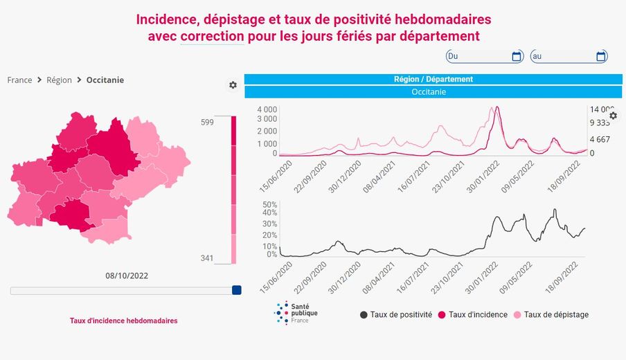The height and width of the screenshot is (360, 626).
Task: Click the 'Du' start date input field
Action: coord(478,56)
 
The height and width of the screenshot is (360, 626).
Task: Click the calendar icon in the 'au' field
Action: coord(601,56)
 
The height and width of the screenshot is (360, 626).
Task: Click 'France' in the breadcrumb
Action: coord(19,80)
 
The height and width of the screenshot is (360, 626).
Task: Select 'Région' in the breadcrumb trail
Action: coord(59,80)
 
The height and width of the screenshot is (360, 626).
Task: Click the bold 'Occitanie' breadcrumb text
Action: coord(105,80)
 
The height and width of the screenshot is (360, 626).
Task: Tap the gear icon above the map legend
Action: coord(233,85)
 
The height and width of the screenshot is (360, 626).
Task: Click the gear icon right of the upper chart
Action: coord(613,116)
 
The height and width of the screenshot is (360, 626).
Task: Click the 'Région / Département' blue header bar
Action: coord(433,79)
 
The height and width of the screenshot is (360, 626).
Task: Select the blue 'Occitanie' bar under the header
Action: coord(433,91)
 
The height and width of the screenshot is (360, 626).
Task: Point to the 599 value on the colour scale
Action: coord(207,123)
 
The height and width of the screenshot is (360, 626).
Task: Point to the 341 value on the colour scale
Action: coord(207,258)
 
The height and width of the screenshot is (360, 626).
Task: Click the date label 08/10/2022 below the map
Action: coord(127,276)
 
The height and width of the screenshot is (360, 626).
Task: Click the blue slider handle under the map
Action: coord(236,291)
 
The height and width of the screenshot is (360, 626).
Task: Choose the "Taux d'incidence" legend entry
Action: coord(473,314)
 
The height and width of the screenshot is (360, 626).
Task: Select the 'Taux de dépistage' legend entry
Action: coord(551,314)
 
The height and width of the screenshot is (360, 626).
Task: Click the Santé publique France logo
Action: coord(296,313)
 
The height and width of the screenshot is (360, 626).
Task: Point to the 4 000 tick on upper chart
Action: coord(267,110)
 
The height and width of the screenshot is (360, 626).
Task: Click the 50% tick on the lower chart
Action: coord(270,205)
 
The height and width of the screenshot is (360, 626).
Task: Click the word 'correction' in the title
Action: coord(212,35)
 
